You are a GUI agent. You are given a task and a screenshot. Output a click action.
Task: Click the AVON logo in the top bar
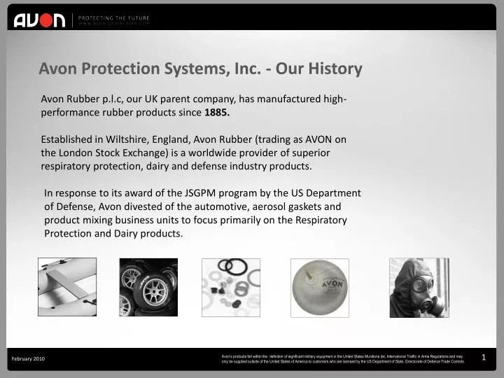(x=39, y=20)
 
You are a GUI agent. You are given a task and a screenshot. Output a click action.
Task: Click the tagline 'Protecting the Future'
(x=113, y=17)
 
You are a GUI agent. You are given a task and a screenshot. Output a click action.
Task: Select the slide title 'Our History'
(x=319, y=69)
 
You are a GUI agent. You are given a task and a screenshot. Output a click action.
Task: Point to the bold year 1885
(x=217, y=112)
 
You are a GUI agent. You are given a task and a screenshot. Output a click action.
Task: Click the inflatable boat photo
(x=67, y=287)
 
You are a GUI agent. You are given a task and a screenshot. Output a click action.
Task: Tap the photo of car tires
(x=148, y=287)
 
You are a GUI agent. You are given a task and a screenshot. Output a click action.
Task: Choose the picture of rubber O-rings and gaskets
(x=231, y=287)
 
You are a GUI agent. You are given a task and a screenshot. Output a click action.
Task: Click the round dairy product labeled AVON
(x=319, y=287)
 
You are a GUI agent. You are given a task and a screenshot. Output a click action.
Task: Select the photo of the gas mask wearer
(x=419, y=287)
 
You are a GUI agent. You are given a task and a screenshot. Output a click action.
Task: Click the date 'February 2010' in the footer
(x=29, y=358)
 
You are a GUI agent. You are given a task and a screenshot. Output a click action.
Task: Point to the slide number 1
(x=484, y=358)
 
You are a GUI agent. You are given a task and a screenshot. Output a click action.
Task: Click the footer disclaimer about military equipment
(x=342, y=358)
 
